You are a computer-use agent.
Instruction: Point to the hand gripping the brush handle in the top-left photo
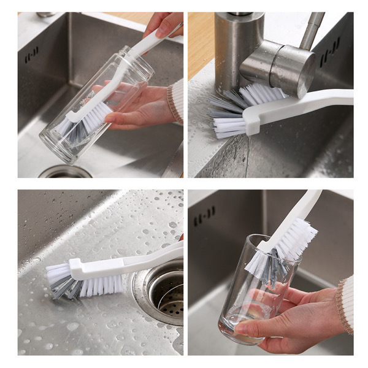(x=163, y=25)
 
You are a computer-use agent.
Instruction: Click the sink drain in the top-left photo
(x=65, y=172)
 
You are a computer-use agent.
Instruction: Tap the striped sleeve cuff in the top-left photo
(x=176, y=101)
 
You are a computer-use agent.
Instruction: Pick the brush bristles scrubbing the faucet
(x=236, y=110)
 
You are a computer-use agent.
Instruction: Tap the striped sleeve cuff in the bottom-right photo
(x=346, y=304)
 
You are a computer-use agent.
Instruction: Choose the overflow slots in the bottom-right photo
(x=204, y=216)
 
